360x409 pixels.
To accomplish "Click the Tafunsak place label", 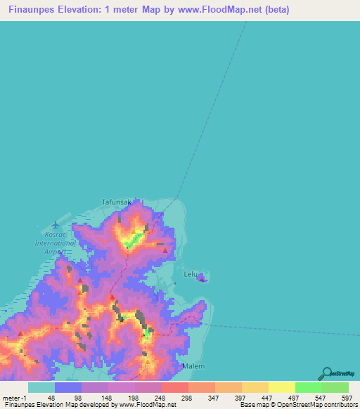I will [x=117, y=202].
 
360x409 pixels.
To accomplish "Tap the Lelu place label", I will [x=191, y=273].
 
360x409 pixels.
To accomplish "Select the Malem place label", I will [x=193, y=366].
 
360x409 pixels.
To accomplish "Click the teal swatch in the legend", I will [x=41, y=387].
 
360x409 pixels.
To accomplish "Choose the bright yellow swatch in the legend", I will [x=282, y=387].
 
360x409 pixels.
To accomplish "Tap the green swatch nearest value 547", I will [x=309, y=387].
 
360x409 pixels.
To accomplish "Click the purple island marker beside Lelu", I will [x=202, y=279].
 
